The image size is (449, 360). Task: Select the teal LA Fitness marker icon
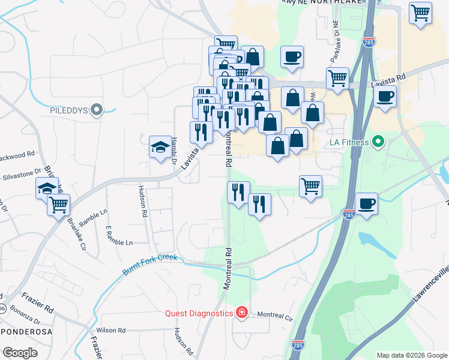pos(378,143)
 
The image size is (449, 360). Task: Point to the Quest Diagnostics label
pos(199,313)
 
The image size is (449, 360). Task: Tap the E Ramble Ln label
pos(118,236)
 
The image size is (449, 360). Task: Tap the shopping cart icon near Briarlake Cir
pos(59,205)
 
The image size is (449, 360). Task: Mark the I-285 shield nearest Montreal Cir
pos(297,345)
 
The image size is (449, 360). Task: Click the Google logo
pos(20,353)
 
